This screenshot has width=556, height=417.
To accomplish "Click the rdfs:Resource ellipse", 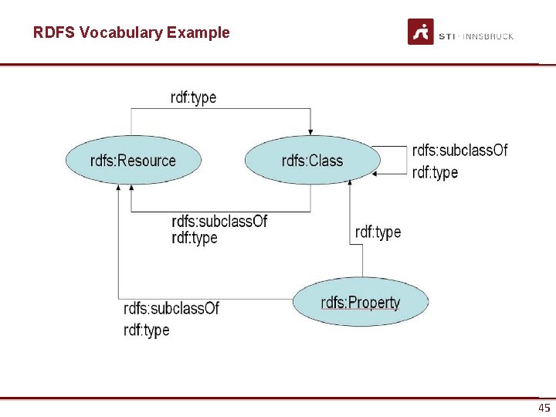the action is (133, 161).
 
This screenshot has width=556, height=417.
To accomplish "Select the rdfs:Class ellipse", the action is (313, 161).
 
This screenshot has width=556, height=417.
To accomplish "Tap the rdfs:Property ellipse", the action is (361, 302).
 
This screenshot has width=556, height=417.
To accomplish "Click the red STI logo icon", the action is (421, 32).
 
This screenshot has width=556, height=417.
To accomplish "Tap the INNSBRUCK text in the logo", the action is (487, 36).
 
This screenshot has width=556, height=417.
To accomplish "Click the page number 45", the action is (544, 408).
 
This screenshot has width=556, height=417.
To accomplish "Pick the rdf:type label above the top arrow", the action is (193, 97).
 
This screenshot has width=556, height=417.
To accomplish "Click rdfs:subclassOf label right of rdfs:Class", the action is (460, 150).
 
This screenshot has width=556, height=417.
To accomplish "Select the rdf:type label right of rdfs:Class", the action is (435, 172).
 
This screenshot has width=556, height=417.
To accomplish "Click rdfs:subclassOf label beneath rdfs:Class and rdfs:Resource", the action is (219, 222).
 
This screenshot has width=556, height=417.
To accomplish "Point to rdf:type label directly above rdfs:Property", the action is (378, 232).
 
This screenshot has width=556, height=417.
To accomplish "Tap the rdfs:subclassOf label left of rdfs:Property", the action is (171, 308).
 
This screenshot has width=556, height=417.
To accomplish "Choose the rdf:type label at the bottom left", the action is (146, 330).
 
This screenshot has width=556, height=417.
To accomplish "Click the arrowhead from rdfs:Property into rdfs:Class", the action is (350, 182).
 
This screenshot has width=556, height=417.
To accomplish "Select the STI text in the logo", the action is (446, 36).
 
